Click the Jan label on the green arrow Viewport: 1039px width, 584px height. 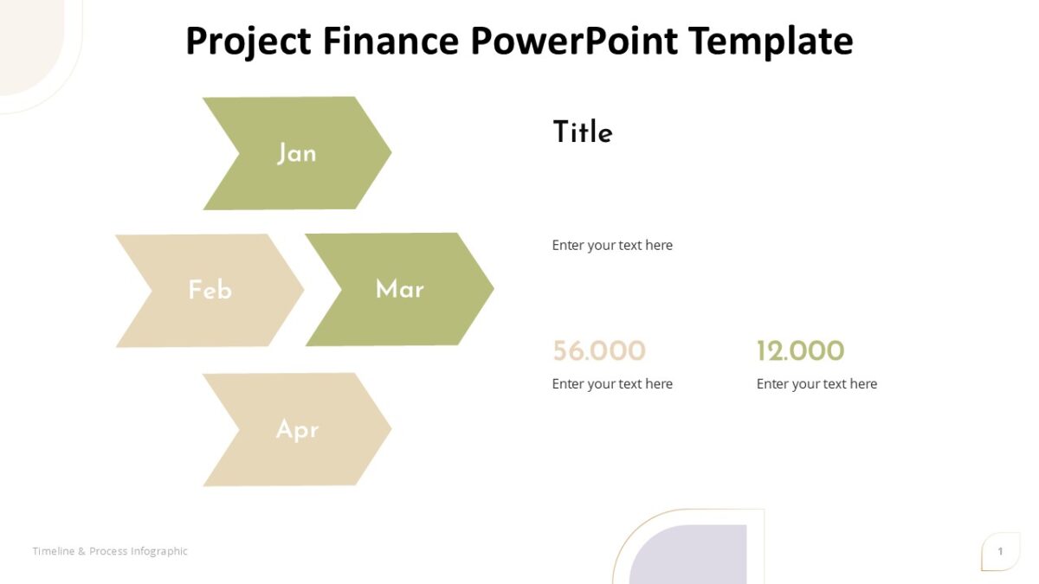pos(296,153)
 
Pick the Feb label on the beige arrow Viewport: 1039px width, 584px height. pos(210,290)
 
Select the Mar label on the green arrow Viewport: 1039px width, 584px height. pos(399,289)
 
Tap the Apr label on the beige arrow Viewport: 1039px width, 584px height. pos(296,429)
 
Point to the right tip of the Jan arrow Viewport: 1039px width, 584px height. pos(390,153)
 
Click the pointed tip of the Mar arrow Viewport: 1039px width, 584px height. pos(492,288)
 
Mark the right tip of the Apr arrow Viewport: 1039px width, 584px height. pos(390,429)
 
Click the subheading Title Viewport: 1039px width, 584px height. pos(582,132)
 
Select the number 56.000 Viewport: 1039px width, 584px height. pos(598,350)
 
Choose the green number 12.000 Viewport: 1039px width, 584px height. pos(800,350)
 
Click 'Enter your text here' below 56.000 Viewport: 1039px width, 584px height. pos(612,384)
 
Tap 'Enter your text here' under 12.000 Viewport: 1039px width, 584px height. pos(816,384)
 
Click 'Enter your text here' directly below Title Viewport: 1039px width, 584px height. pos(612,245)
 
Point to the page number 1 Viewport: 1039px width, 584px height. pos(1000,552)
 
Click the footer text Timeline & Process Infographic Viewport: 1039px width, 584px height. pos(110,551)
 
